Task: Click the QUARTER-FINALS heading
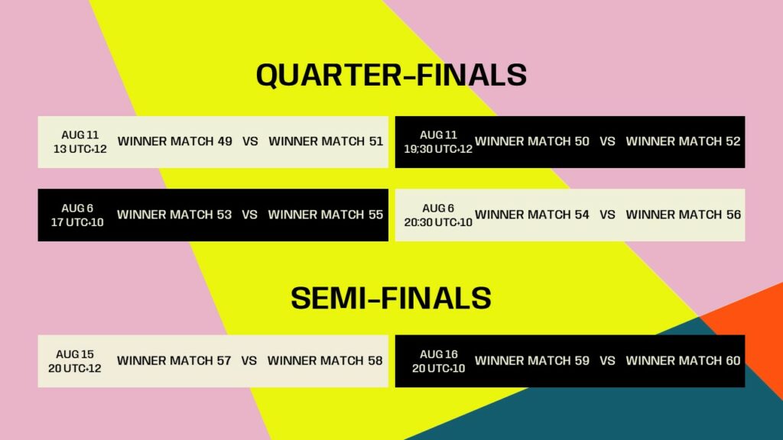click(x=391, y=75)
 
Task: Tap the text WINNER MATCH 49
click(x=174, y=141)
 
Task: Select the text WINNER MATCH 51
click(x=326, y=141)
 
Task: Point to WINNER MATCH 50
click(x=532, y=141)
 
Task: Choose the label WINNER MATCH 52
click(x=683, y=141)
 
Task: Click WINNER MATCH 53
click(x=174, y=215)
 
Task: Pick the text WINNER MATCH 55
click(x=326, y=215)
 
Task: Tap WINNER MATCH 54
click(x=532, y=215)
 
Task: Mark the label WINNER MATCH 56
click(x=683, y=215)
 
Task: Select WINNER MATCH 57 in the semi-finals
click(x=174, y=361)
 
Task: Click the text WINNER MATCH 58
click(x=325, y=361)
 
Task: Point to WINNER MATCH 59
click(x=532, y=361)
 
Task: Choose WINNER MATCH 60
click(x=683, y=361)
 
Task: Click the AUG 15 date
click(x=75, y=354)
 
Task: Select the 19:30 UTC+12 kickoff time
click(x=438, y=149)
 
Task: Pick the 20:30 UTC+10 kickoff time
click(x=438, y=222)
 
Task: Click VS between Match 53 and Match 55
click(x=249, y=215)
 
